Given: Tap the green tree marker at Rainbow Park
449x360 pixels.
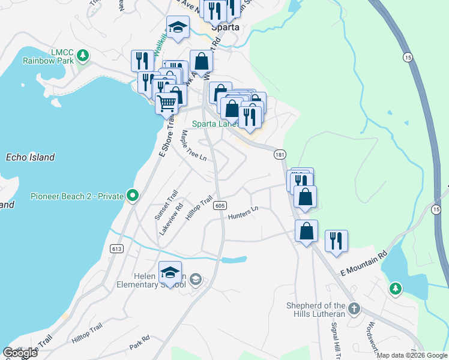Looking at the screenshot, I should coord(83,56).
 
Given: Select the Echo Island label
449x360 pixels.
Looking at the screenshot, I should coord(30,157).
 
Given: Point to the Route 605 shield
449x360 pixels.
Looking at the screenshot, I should coord(220,205).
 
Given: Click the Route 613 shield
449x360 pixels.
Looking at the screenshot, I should coord(116,248).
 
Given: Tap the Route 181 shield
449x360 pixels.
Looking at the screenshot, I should coord(279,155).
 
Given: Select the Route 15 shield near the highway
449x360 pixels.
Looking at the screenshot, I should coord(408,57).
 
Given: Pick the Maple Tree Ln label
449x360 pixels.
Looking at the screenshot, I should coord(194,147).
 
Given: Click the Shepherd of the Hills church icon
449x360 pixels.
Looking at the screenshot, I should coord(354,308).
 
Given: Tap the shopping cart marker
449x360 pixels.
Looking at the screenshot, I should coord(166,103).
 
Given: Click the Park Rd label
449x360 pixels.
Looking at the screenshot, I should coord(139,343).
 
